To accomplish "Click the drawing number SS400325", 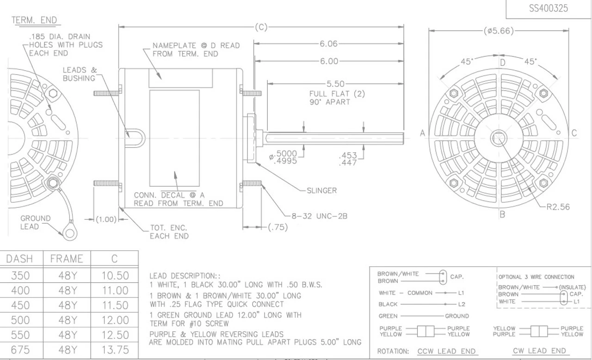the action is coord(549,8).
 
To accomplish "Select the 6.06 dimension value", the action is coord(328,43).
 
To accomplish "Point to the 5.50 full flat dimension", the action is coord(335,84).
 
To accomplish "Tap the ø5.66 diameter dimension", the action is coord(499,31).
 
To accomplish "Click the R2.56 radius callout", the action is coord(558,207).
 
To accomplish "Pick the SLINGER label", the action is coord(321,190).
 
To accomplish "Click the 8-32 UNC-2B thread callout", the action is coord(319,216).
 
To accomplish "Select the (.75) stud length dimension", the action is coord(278,227).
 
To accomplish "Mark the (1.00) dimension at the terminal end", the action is coord(106,220).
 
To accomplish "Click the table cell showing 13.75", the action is coord(115,350).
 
